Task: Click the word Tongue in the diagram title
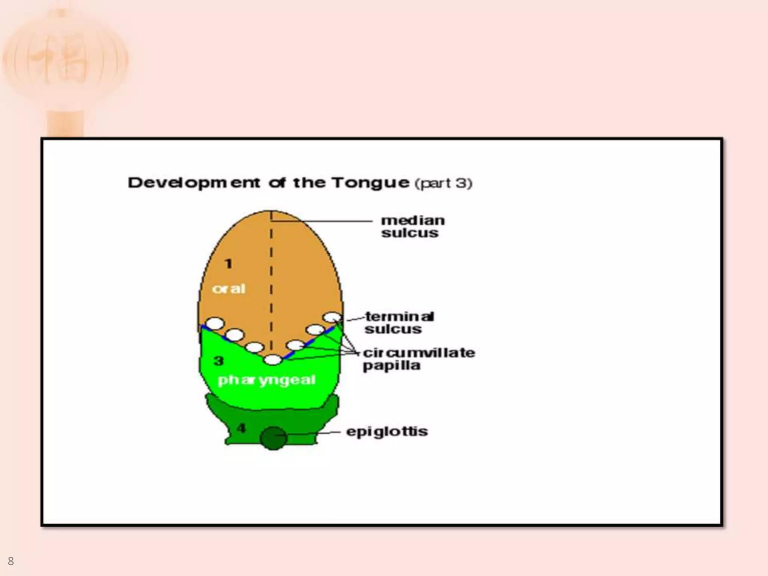tap(370, 183)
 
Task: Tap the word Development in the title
tap(194, 183)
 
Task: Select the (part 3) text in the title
tap(444, 183)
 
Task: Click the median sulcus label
tap(412, 226)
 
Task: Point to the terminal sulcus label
tap(399, 323)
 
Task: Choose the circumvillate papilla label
tap(418, 359)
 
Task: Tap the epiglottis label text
tap(387, 432)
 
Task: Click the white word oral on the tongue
tap(228, 289)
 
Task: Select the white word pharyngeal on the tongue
tap(267, 380)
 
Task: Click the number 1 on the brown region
tap(228, 264)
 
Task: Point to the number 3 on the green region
tap(219, 361)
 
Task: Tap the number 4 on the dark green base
tap(241, 428)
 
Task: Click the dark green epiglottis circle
tap(273, 438)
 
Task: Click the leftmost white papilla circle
tap(215, 323)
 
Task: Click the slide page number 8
tap(10, 561)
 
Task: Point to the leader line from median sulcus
tap(322, 221)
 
